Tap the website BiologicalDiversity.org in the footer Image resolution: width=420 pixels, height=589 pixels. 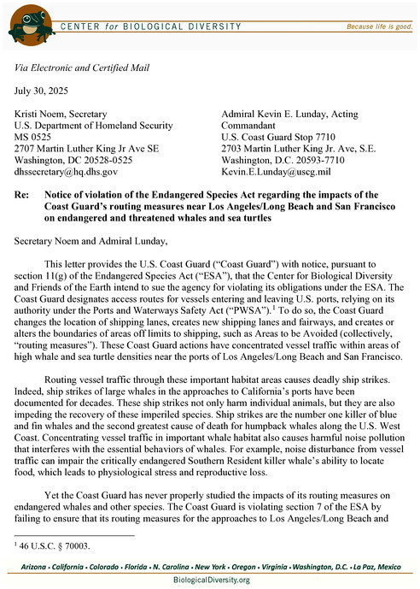pyautogui.click(x=210, y=580)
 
